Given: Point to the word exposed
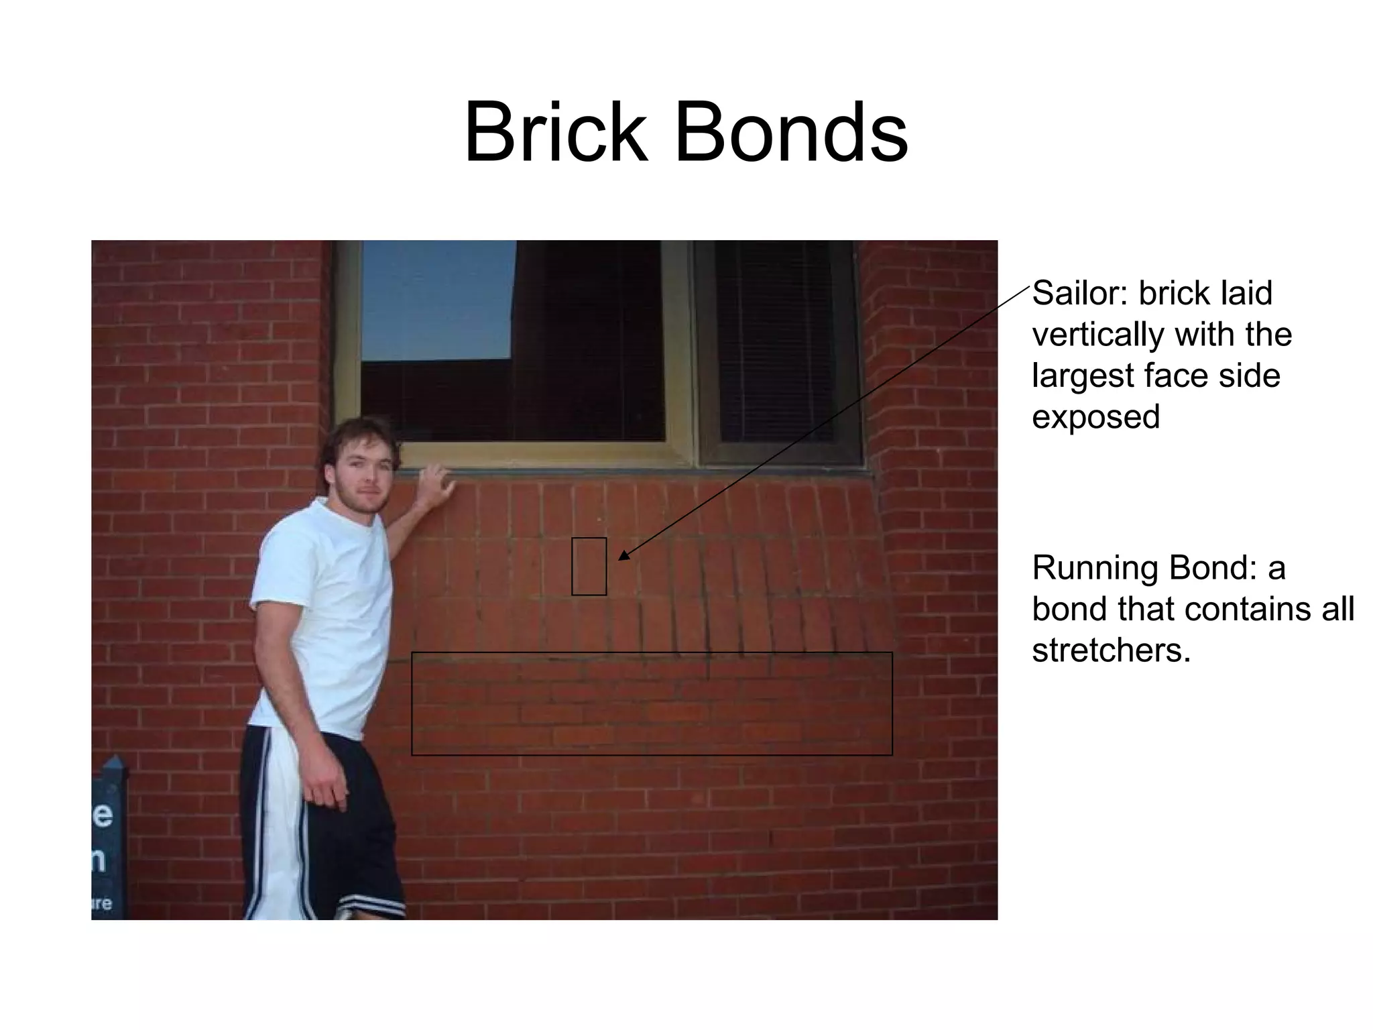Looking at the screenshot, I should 1095,417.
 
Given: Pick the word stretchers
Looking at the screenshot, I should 1111,650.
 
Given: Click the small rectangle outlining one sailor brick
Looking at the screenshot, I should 589,566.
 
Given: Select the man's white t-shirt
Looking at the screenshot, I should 322,617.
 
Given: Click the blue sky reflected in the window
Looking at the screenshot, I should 436,302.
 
